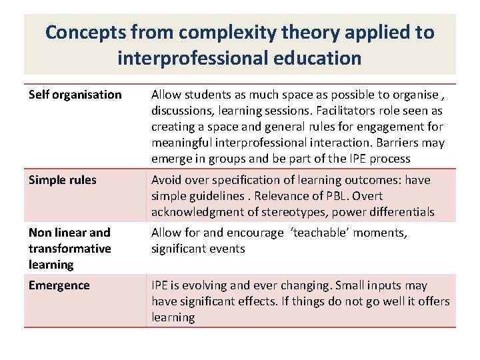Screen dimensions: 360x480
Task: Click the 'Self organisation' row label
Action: (75, 95)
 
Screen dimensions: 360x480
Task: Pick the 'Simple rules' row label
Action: (63, 180)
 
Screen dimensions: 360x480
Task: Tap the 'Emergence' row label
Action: (59, 285)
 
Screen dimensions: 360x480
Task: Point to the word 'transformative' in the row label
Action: (70, 249)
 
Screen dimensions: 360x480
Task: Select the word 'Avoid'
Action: (166, 180)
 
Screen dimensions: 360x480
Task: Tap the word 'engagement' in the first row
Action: (377, 127)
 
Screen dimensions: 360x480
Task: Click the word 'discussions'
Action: (184, 111)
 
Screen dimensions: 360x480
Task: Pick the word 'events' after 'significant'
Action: (228, 249)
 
